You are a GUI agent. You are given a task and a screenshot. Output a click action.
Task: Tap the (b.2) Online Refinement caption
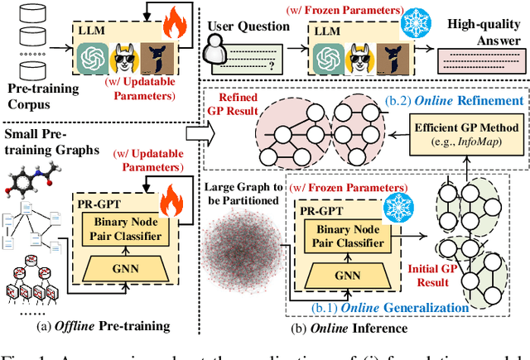click(468, 100)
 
